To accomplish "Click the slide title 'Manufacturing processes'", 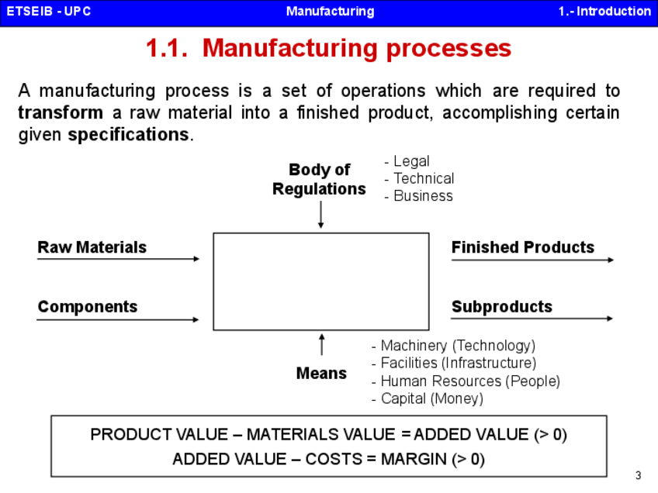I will click(x=329, y=48).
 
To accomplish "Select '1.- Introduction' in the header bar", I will click(x=604, y=12).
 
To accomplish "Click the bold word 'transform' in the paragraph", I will click(x=60, y=113).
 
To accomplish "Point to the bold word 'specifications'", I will click(x=129, y=135).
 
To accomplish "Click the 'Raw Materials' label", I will click(x=92, y=247).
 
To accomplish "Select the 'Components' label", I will click(x=88, y=307).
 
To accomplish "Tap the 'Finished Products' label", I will click(x=522, y=247).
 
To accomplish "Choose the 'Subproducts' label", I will click(x=501, y=307).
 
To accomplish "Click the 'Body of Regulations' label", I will click(x=319, y=179).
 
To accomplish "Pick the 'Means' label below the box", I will click(x=321, y=374).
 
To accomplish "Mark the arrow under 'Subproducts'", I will click(x=532, y=319).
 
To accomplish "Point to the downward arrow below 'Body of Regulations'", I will click(x=320, y=215).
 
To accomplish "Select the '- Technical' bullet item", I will click(x=419, y=178).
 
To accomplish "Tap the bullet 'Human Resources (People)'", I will click(x=466, y=381).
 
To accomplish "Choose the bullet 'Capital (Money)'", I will click(x=428, y=398).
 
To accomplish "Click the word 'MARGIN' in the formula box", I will click(x=414, y=459).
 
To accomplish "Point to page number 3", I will click(x=638, y=475).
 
